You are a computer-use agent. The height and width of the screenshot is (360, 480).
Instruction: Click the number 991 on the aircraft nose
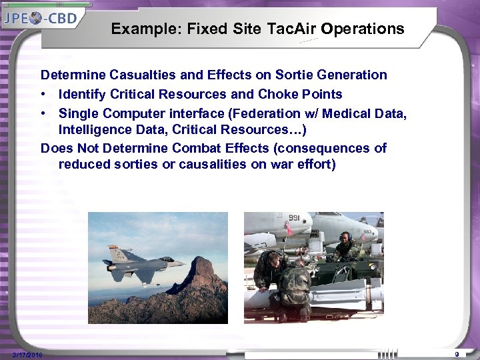pyautogui.click(x=294, y=218)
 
